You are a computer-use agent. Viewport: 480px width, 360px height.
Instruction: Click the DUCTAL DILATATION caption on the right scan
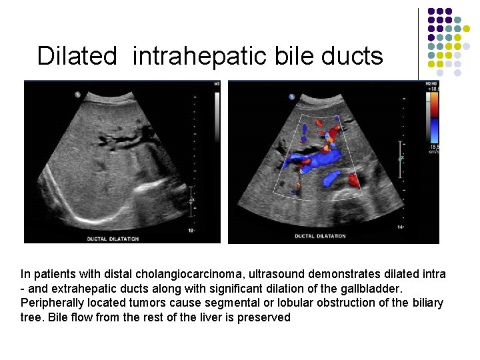point(320,236)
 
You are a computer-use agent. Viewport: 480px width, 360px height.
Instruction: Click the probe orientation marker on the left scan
point(77,95)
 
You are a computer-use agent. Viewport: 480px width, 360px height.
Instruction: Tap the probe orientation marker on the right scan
point(291,97)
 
